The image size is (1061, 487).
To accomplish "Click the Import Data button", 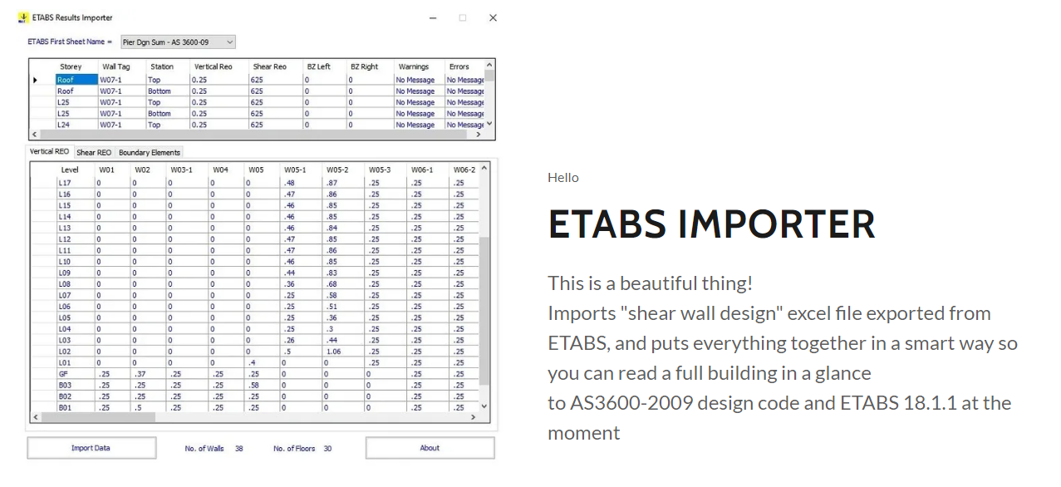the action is tap(91, 448).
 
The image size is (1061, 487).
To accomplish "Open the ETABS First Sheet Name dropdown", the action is tap(178, 42).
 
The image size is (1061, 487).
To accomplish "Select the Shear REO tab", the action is tap(94, 153).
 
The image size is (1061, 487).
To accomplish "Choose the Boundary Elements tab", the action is tap(150, 153).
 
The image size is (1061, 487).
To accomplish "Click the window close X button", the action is tap(493, 17).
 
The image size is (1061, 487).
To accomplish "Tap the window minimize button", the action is tap(433, 18).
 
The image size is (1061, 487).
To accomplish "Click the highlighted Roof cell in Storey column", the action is tap(76, 80).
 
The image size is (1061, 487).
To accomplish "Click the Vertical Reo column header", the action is tap(214, 66).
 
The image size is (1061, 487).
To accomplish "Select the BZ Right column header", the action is tap(364, 66).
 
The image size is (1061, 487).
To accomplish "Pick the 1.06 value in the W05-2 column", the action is tap(333, 352).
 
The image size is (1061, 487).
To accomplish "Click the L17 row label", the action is tap(65, 183).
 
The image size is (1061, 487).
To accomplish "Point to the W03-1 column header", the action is tap(181, 170).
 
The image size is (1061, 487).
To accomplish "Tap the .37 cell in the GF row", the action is tap(140, 374).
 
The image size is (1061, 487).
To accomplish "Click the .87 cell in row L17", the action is tap(332, 183).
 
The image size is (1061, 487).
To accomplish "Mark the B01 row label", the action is tap(65, 407).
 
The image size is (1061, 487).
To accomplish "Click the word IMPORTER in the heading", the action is tap(776, 224).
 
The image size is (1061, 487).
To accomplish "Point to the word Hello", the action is tap(563, 178).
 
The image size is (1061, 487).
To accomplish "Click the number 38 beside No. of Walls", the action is tap(239, 448).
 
